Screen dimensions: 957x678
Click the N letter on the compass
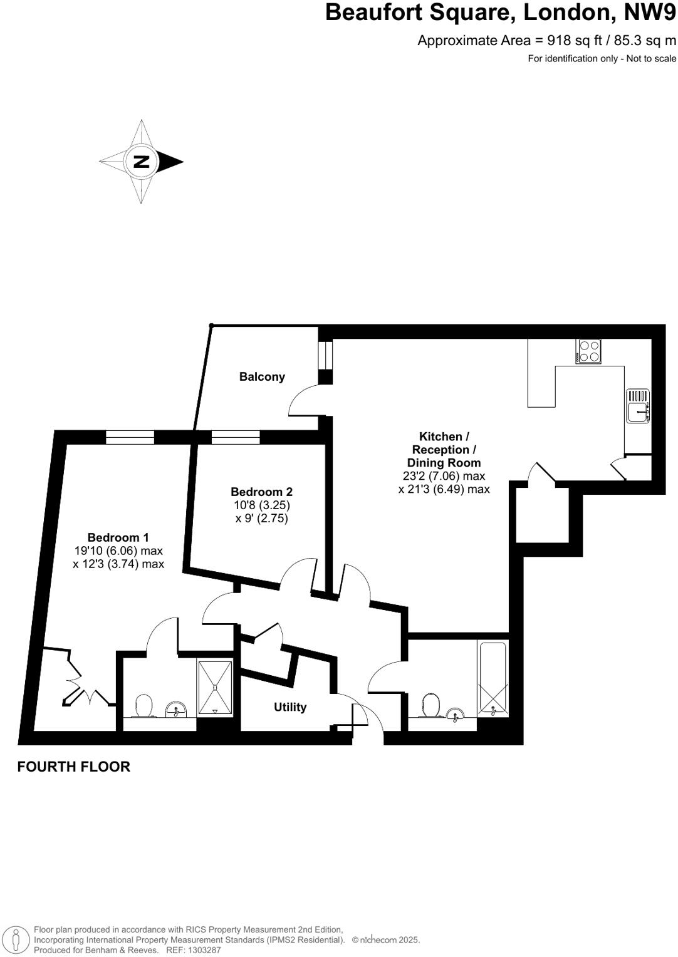[141, 162]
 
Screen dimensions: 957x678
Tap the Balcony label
[262, 376]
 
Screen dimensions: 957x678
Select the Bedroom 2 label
[261, 492]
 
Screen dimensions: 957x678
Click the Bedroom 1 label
[118, 537]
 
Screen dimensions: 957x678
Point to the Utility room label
[290, 707]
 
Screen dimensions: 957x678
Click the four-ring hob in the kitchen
[589, 351]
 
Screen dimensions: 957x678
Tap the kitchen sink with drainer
[638, 406]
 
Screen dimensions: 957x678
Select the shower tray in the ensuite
[215, 687]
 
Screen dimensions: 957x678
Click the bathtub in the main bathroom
[493, 679]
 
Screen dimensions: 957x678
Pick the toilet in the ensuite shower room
[145, 706]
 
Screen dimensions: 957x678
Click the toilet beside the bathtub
[430, 706]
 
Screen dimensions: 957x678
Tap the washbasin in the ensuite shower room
[176, 710]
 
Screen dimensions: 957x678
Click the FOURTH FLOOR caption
[73, 767]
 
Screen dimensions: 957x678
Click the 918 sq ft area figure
[570, 41]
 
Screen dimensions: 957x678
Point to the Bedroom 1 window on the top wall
[130, 437]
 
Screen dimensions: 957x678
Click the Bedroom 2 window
[236, 437]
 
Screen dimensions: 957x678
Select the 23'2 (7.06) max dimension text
[444, 476]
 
